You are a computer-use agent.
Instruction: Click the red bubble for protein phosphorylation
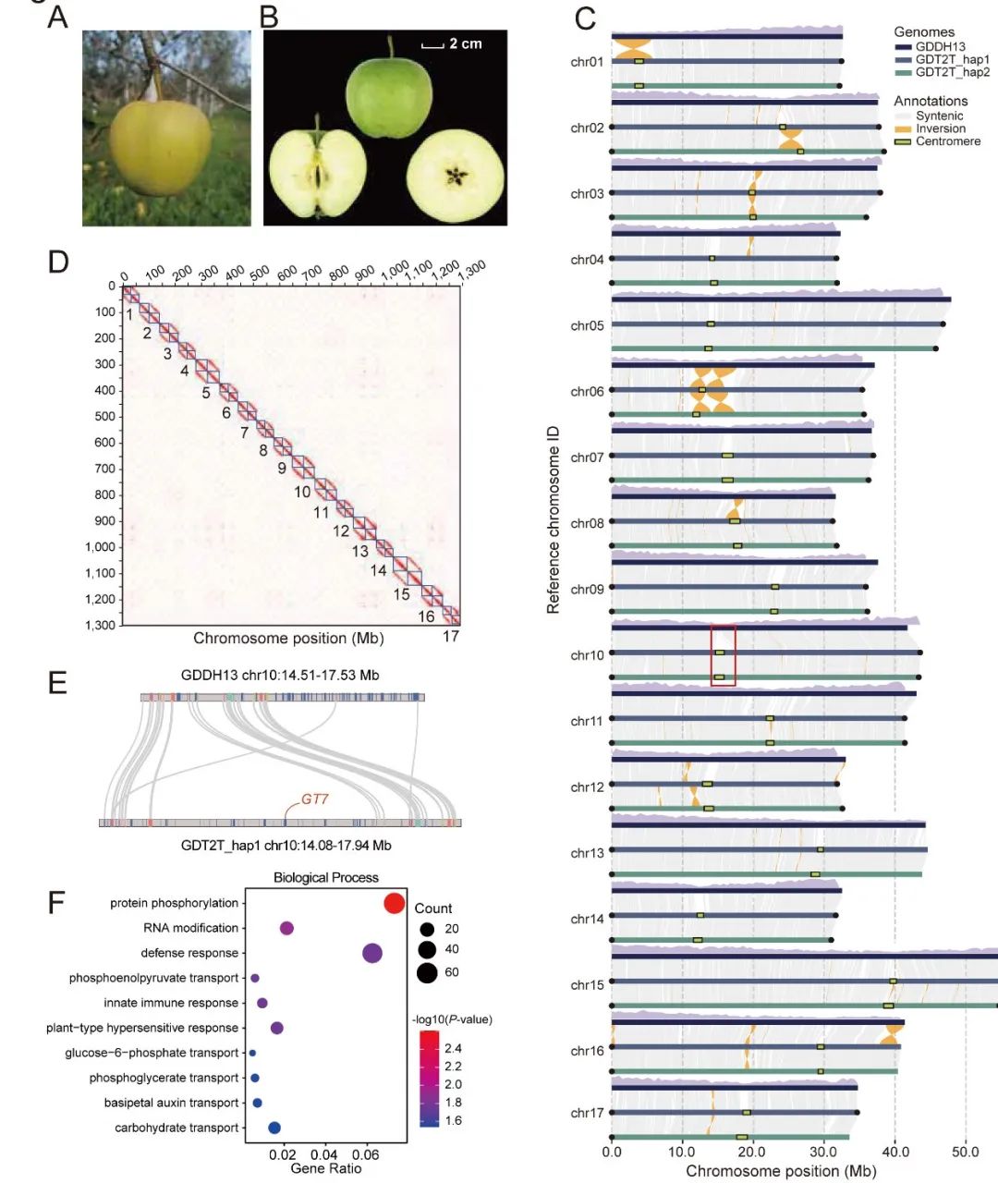click(x=395, y=904)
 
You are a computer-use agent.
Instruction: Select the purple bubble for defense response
click(x=372, y=954)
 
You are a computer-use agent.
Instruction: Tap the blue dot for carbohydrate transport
click(x=274, y=1128)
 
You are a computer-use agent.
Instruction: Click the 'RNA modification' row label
click(x=190, y=928)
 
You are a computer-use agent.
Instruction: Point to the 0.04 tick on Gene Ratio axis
click(x=324, y=1154)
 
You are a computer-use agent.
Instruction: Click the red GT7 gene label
click(x=315, y=799)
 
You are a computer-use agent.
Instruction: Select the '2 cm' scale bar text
click(x=465, y=43)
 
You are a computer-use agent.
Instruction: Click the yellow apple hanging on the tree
click(x=160, y=145)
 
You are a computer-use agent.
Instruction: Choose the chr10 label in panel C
click(x=587, y=655)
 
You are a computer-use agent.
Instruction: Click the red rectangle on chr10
click(x=723, y=655)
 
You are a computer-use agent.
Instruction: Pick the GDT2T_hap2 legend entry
click(x=952, y=72)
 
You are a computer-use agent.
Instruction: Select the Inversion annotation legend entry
click(x=940, y=128)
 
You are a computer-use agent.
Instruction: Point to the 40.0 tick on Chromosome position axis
click(x=895, y=1152)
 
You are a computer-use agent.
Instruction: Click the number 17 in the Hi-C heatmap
click(x=451, y=636)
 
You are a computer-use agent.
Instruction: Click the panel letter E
click(x=57, y=684)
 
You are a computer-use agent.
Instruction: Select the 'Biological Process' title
click(x=325, y=877)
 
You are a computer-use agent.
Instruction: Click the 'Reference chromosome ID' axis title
click(x=554, y=519)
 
